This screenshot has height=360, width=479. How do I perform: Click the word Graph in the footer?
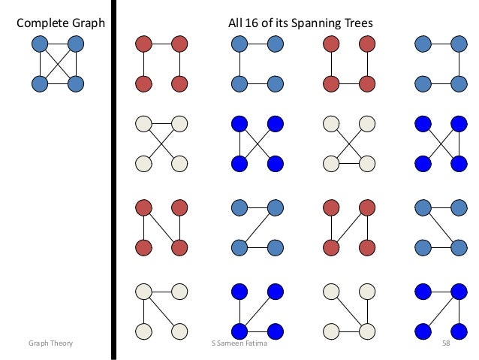[40, 343]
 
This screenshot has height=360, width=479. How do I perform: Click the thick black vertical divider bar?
[114, 180]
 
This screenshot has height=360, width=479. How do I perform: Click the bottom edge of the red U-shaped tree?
[348, 82]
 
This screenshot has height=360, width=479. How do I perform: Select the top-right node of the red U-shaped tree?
[367, 44]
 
